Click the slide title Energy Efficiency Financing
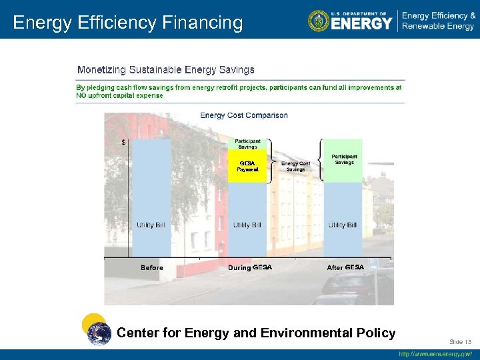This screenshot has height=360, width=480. [x=128, y=23]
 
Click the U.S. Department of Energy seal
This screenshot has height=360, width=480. [x=319, y=21]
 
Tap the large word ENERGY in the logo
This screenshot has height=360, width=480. [x=361, y=24]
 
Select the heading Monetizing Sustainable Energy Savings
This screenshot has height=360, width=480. [x=166, y=69]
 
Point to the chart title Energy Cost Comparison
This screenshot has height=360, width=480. [x=244, y=115]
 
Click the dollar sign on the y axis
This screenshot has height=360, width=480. [x=123, y=142]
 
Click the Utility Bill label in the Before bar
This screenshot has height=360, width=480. [x=151, y=225]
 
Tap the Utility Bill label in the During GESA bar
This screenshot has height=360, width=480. [x=247, y=225]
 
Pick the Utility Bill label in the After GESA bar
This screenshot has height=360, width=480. [x=342, y=225]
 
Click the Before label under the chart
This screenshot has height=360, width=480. [x=152, y=268]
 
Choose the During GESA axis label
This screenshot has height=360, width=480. [x=250, y=267]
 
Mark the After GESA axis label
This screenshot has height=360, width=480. [x=345, y=267]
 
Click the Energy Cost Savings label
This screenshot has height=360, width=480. [x=295, y=166]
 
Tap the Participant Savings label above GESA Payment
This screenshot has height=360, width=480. [x=247, y=144]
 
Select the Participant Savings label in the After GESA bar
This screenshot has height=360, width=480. [x=344, y=159]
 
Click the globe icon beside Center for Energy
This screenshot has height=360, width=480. [x=99, y=333]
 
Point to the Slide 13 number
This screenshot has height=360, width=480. [x=459, y=341]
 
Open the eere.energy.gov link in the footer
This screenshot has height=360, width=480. [x=435, y=354]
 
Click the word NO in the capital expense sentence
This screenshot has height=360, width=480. [x=82, y=95]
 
